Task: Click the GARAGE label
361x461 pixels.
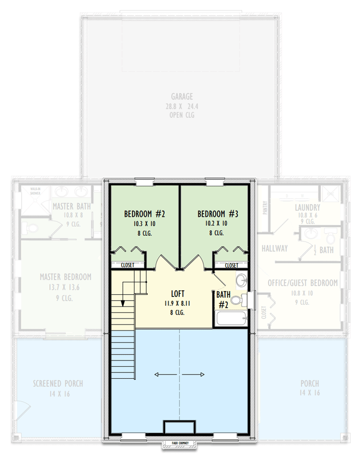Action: coord(182,96)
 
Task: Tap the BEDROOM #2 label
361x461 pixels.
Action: coord(145,214)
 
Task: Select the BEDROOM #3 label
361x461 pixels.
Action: coord(218,214)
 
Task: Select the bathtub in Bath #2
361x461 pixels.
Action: coord(230,319)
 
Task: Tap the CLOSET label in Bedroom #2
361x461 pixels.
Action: coord(127,266)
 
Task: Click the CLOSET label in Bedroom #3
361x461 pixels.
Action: coord(231,266)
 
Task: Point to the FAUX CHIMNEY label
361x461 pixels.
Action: coord(180,443)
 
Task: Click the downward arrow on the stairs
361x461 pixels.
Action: coord(123,302)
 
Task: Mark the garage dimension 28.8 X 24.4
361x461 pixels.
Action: coord(182,106)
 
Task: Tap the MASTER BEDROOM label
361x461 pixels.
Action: coord(65,277)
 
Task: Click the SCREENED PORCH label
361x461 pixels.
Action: coord(58,383)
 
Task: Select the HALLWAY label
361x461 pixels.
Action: coord(275,248)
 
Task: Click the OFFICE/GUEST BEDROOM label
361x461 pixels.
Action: coord(302,283)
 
